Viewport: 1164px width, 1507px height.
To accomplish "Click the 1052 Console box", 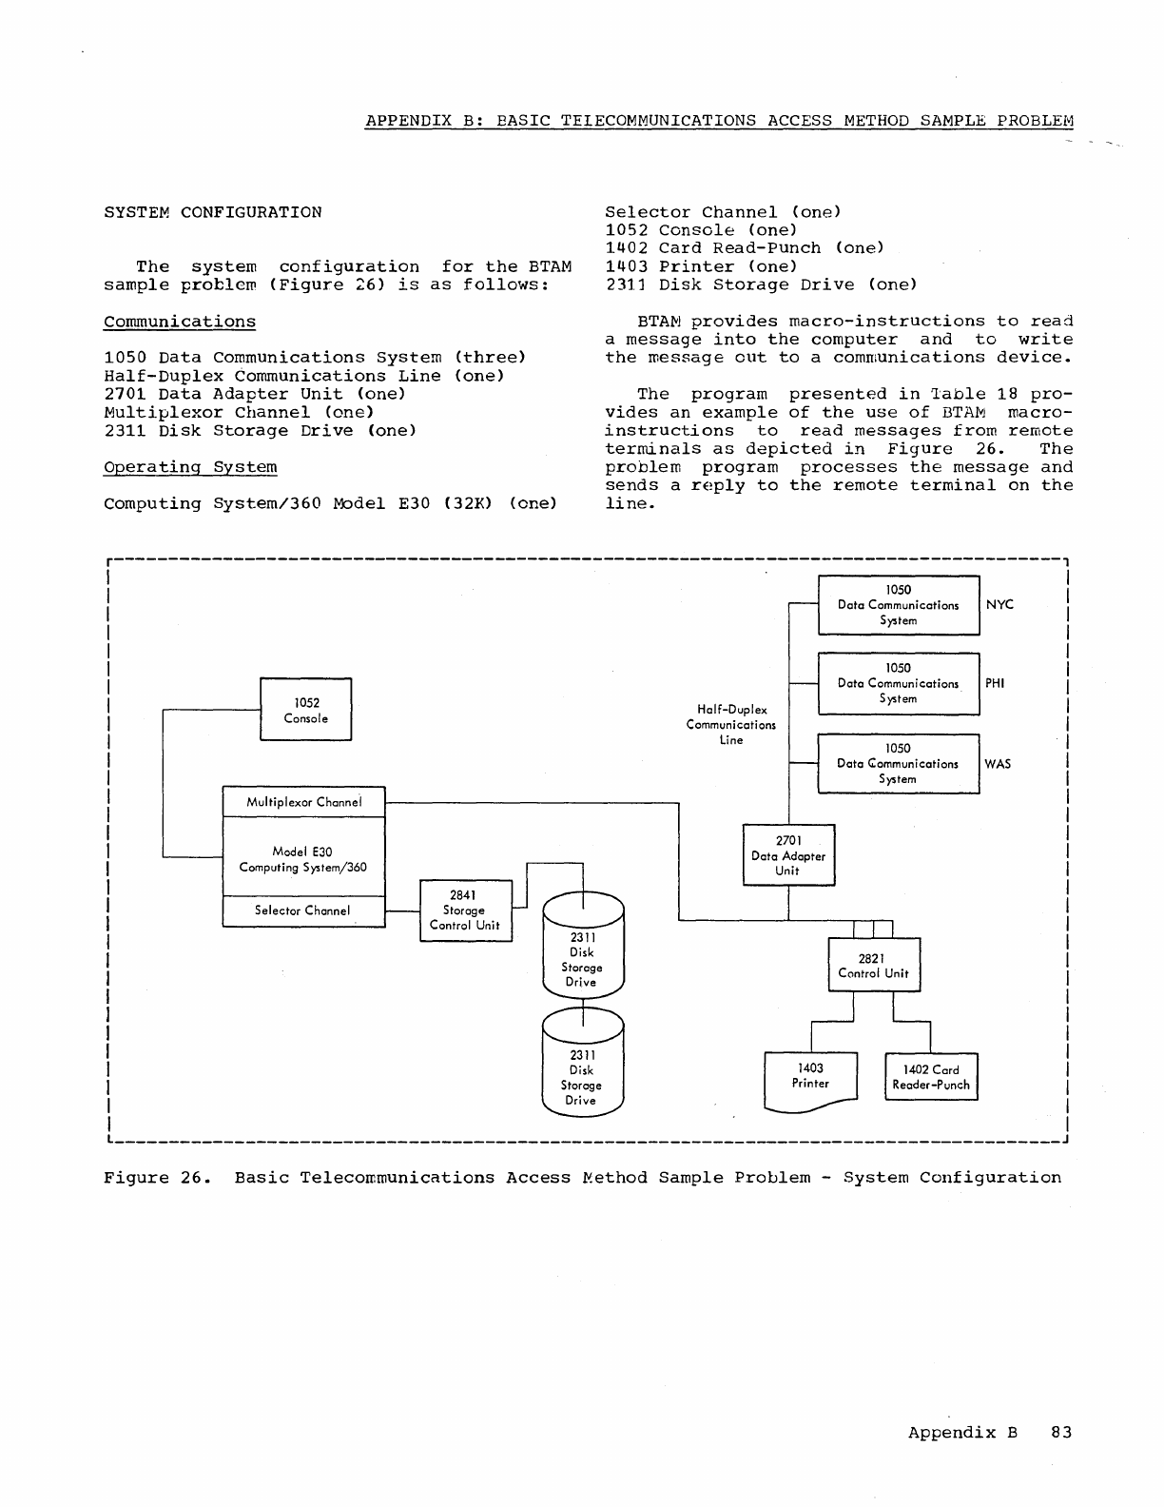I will click(x=305, y=710).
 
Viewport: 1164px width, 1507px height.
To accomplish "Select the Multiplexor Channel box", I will click(x=303, y=802).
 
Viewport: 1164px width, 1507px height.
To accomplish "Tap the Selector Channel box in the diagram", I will click(x=303, y=910).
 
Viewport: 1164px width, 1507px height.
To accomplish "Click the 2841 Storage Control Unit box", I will click(x=465, y=910).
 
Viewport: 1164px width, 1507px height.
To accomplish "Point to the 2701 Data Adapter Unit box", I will click(x=788, y=855).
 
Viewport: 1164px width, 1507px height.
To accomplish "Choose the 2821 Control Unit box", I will click(x=874, y=965).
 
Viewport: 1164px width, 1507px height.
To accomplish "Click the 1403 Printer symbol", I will click(x=810, y=1078).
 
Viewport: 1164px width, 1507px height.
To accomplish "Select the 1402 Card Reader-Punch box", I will click(x=931, y=1077).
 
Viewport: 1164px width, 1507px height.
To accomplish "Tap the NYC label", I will click(x=1000, y=605).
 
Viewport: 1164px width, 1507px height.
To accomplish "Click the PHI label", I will click(x=995, y=683).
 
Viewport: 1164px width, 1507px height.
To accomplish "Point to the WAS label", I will click(x=998, y=764).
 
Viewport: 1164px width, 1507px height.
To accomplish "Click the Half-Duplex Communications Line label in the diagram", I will click(x=731, y=724).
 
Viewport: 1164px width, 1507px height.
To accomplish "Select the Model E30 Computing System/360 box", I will click(x=303, y=859).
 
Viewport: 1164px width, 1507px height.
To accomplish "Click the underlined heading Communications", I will click(x=180, y=322).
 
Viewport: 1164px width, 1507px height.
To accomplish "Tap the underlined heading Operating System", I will click(x=190, y=467).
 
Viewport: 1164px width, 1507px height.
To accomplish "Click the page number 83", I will click(x=1061, y=1433).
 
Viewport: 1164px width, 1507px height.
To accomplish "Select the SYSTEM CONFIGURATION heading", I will click(x=213, y=212).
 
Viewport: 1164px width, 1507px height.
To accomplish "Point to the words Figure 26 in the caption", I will click(x=150, y=1178).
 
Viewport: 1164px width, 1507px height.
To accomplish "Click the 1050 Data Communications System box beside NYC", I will click(x=899, y=605).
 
